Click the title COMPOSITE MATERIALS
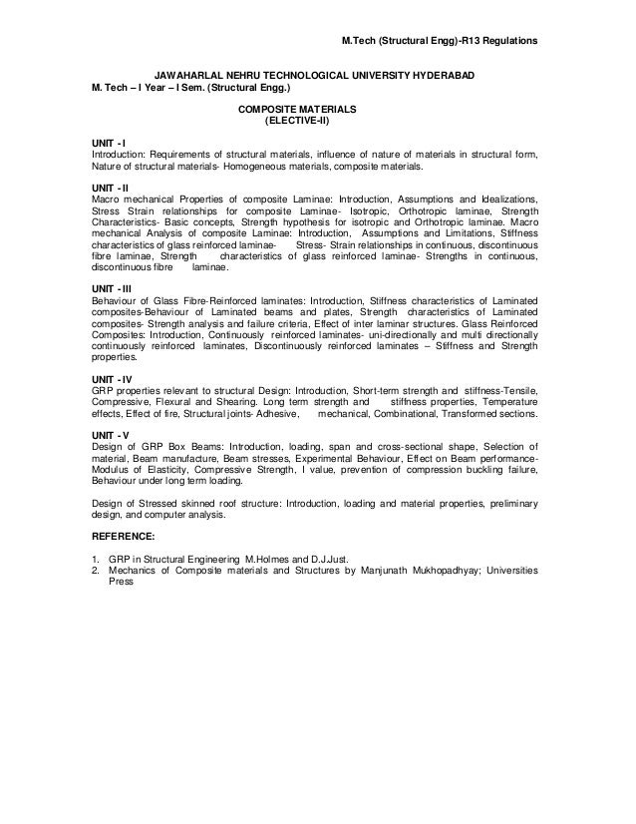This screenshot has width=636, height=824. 296,109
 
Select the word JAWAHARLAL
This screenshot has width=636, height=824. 187,76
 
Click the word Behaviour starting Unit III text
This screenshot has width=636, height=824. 114,300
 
